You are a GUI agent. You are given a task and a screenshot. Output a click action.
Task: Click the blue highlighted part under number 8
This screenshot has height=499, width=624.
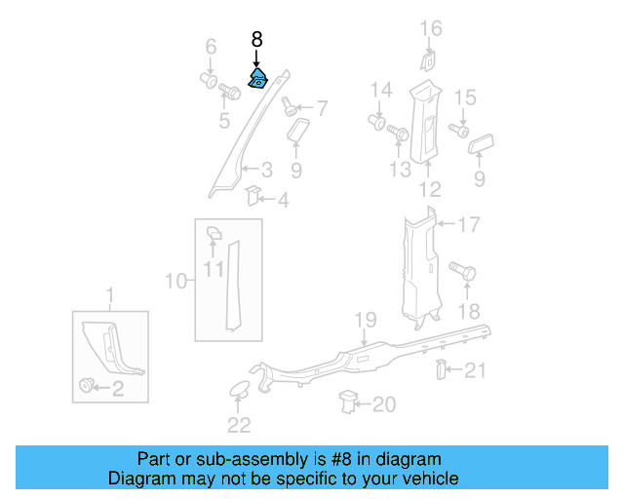click(258, 79)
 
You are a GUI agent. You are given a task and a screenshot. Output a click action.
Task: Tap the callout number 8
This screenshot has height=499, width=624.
click(256, 40)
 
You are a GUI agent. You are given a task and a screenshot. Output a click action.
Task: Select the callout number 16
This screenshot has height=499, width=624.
click(431, 28)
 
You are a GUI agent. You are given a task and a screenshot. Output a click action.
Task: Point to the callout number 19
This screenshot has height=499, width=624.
click(365, 319)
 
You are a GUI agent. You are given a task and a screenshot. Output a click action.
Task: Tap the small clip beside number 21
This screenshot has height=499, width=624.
click(440, 369)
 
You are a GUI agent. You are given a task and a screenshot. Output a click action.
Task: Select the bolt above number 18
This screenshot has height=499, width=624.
click(461, 272)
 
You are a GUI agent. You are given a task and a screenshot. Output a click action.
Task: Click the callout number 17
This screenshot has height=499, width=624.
click(469, 225)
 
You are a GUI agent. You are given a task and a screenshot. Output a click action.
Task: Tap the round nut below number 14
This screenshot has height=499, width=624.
click(377, 122)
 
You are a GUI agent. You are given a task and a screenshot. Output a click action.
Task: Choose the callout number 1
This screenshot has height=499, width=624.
click(109, 294)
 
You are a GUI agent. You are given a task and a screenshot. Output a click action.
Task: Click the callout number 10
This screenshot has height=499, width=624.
click(175, 282)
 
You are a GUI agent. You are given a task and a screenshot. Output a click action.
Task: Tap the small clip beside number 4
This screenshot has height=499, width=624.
click(252, 195)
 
